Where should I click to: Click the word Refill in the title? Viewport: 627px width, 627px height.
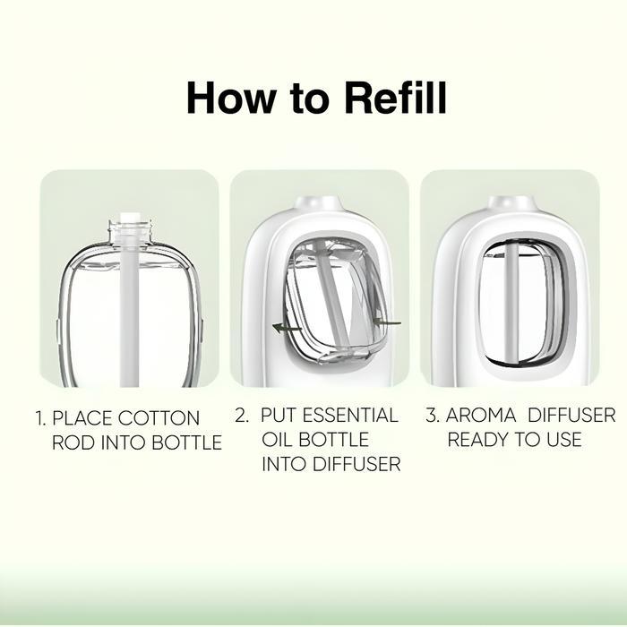[395, 98]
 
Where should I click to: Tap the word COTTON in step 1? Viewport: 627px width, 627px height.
[159, 418]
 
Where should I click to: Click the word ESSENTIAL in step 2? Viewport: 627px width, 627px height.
[350, 415]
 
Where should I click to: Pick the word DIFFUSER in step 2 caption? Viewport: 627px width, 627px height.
[356, 464]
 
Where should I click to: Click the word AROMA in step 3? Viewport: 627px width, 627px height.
[481, 415]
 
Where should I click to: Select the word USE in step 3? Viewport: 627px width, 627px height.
[563, 440]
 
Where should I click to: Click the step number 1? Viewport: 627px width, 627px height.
[41, 418]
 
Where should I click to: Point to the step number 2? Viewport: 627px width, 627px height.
[242, 415]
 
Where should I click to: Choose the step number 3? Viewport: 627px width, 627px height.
[433, 415]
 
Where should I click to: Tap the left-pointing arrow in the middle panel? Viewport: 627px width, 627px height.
[287, 329]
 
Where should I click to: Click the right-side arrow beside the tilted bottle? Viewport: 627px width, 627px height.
[387, 322]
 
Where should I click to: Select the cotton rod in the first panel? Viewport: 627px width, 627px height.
[130, 300]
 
